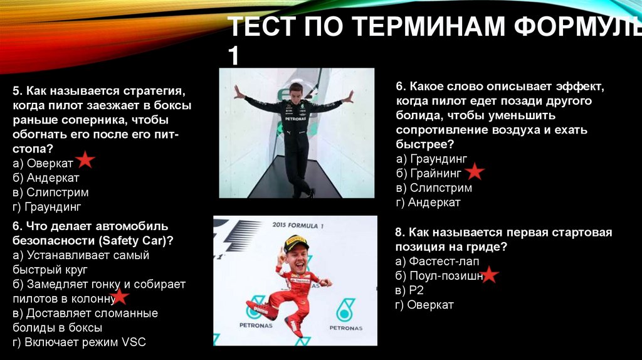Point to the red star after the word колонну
coord(118,297)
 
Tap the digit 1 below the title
coord(233,56)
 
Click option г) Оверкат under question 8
coord(424,305)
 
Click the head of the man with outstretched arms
coord(295,90)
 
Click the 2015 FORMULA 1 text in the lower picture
coord(297,225)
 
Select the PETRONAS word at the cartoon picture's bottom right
coord(345,327)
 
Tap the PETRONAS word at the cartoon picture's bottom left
coord(256,325)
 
